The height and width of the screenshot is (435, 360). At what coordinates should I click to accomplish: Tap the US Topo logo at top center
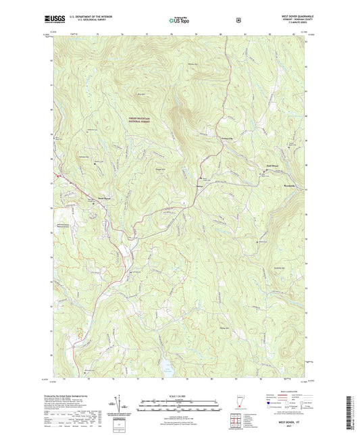179,21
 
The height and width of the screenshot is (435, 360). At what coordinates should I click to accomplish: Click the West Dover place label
97,199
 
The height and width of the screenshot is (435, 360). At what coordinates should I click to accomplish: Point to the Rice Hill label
141,93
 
